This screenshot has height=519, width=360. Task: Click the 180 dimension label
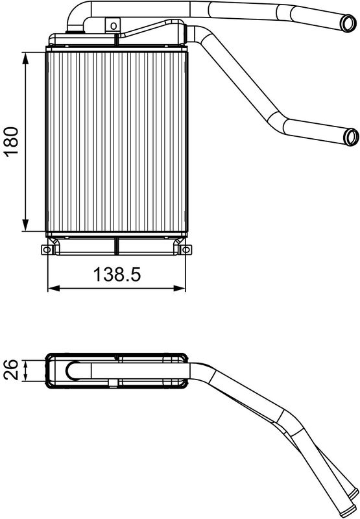(x=10, y=141)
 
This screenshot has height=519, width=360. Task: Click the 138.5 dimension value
(x=117, y=274)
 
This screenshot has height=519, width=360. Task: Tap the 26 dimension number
(x=10, y=370)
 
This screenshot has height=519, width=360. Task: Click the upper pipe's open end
(x=348, y=23)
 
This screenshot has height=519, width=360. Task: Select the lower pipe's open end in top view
(x=351, y=137)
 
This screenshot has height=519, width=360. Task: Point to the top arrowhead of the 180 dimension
(x=25, y=58)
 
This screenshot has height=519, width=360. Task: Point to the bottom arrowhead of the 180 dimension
(x=25, y=225)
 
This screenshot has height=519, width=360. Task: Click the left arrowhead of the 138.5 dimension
(x=54, y=289)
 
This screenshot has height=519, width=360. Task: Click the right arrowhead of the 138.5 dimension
(x=179, y=289)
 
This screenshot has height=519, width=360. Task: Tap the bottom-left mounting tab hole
(x=47, y=250)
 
